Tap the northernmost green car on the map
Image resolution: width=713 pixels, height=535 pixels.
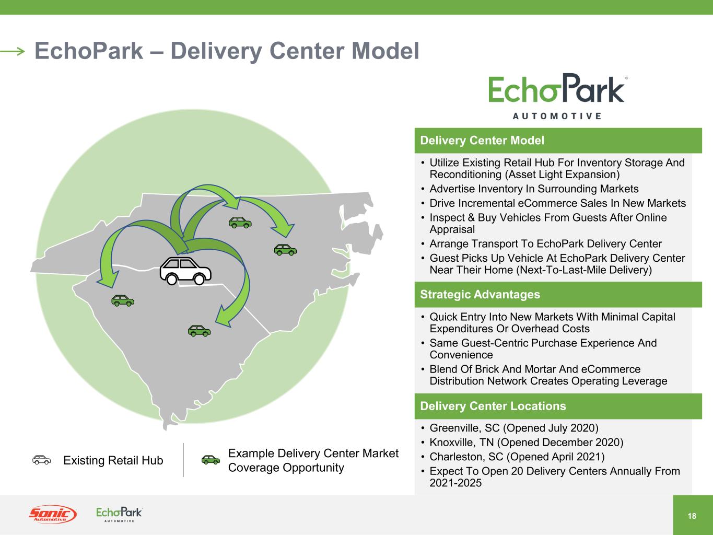240,223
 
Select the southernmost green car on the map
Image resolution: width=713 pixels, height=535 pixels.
199,330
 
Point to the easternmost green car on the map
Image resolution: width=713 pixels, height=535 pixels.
285,250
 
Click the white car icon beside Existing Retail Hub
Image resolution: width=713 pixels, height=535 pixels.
42,460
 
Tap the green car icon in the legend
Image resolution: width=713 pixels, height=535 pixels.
211,460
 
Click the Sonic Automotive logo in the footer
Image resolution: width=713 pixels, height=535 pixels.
52,515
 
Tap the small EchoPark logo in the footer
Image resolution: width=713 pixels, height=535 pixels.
119,514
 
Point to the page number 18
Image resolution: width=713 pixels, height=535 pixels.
692,516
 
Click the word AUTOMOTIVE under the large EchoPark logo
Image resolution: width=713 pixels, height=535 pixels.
556,116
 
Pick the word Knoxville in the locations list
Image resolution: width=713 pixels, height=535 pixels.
453,443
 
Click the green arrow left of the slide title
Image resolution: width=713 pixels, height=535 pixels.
13,51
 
